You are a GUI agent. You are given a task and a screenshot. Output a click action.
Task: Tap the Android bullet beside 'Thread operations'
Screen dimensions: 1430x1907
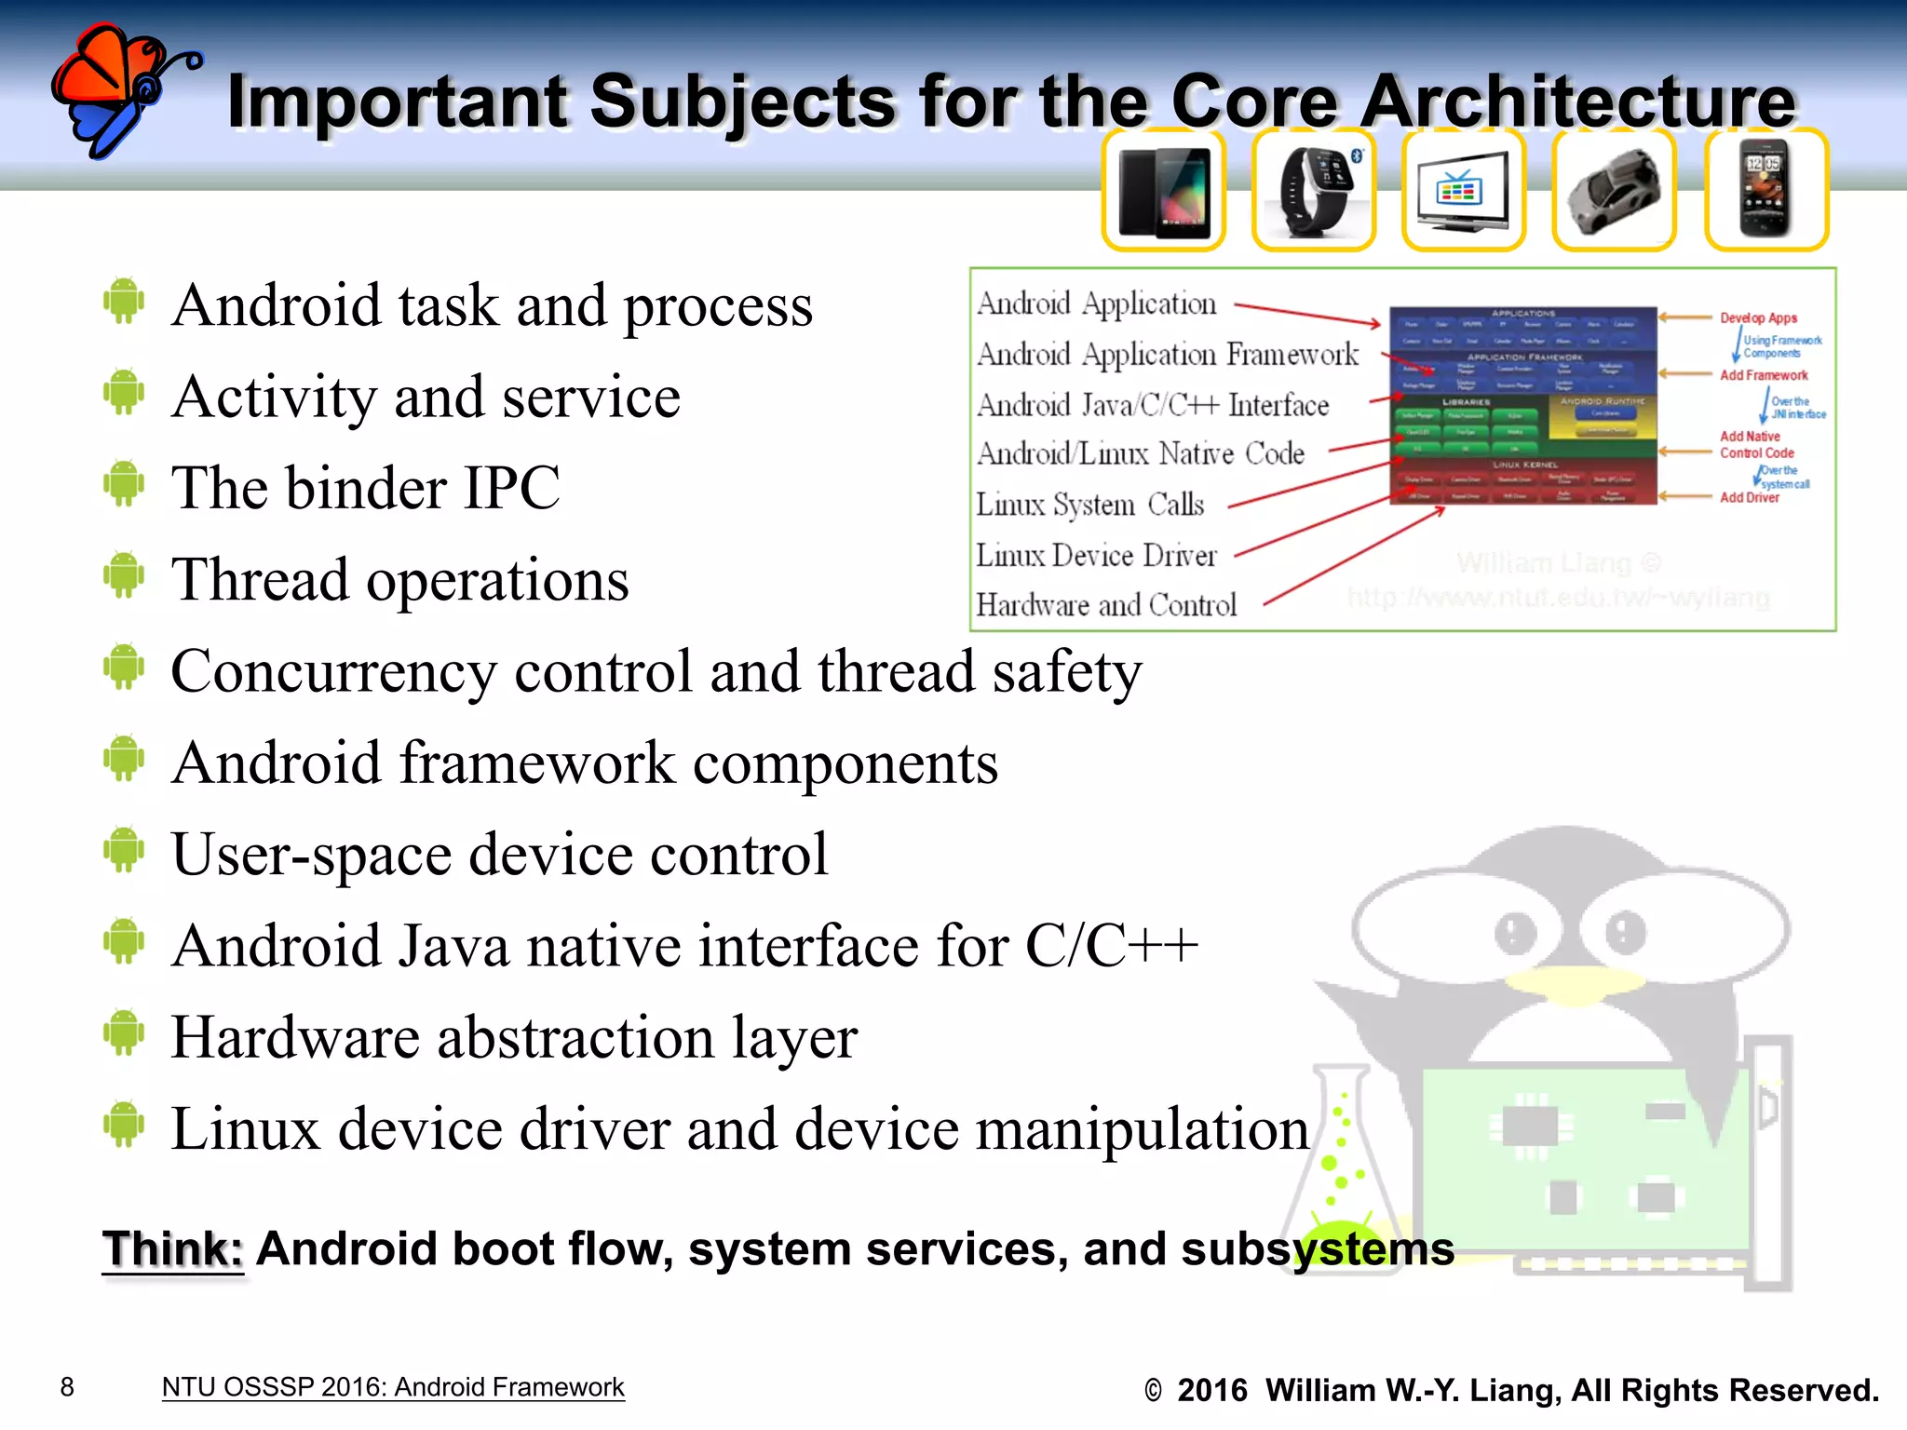coord(124,574)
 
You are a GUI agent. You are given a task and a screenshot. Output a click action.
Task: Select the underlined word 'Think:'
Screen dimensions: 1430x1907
coord(173,1249)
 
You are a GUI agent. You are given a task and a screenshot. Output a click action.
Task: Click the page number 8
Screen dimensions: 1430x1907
coord(67,1387)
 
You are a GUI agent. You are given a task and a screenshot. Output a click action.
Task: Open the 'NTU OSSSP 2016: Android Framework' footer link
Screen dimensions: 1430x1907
coord(392,1387)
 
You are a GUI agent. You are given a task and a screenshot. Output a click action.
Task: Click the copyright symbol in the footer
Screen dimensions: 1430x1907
coord(1153,1391)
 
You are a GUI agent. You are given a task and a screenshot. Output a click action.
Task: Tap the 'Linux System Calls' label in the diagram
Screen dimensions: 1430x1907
coord(1089,505)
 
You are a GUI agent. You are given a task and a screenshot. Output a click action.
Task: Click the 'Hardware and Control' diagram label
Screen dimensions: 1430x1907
coord(1106,605)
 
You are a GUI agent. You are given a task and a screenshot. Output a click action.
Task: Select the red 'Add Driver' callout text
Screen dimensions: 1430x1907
coord(1749,498)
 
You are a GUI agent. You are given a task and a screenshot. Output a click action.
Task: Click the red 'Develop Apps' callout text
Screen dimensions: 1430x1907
coord(1758,318)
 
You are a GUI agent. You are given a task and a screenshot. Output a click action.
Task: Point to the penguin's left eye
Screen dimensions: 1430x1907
coord(1516,932)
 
